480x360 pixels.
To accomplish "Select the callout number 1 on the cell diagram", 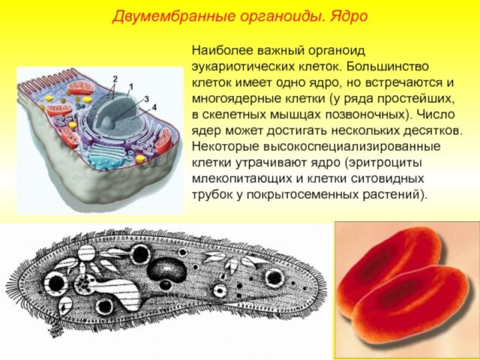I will pyautogui.click(x=130, y=86).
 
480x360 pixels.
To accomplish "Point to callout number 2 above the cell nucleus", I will pyautogui.click(x=115, y=78).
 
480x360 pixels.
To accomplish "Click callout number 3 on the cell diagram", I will pyautogui.click(x=146, y=99).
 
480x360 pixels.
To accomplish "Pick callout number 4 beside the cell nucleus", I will pyautogui.click(x=154, y=107).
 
